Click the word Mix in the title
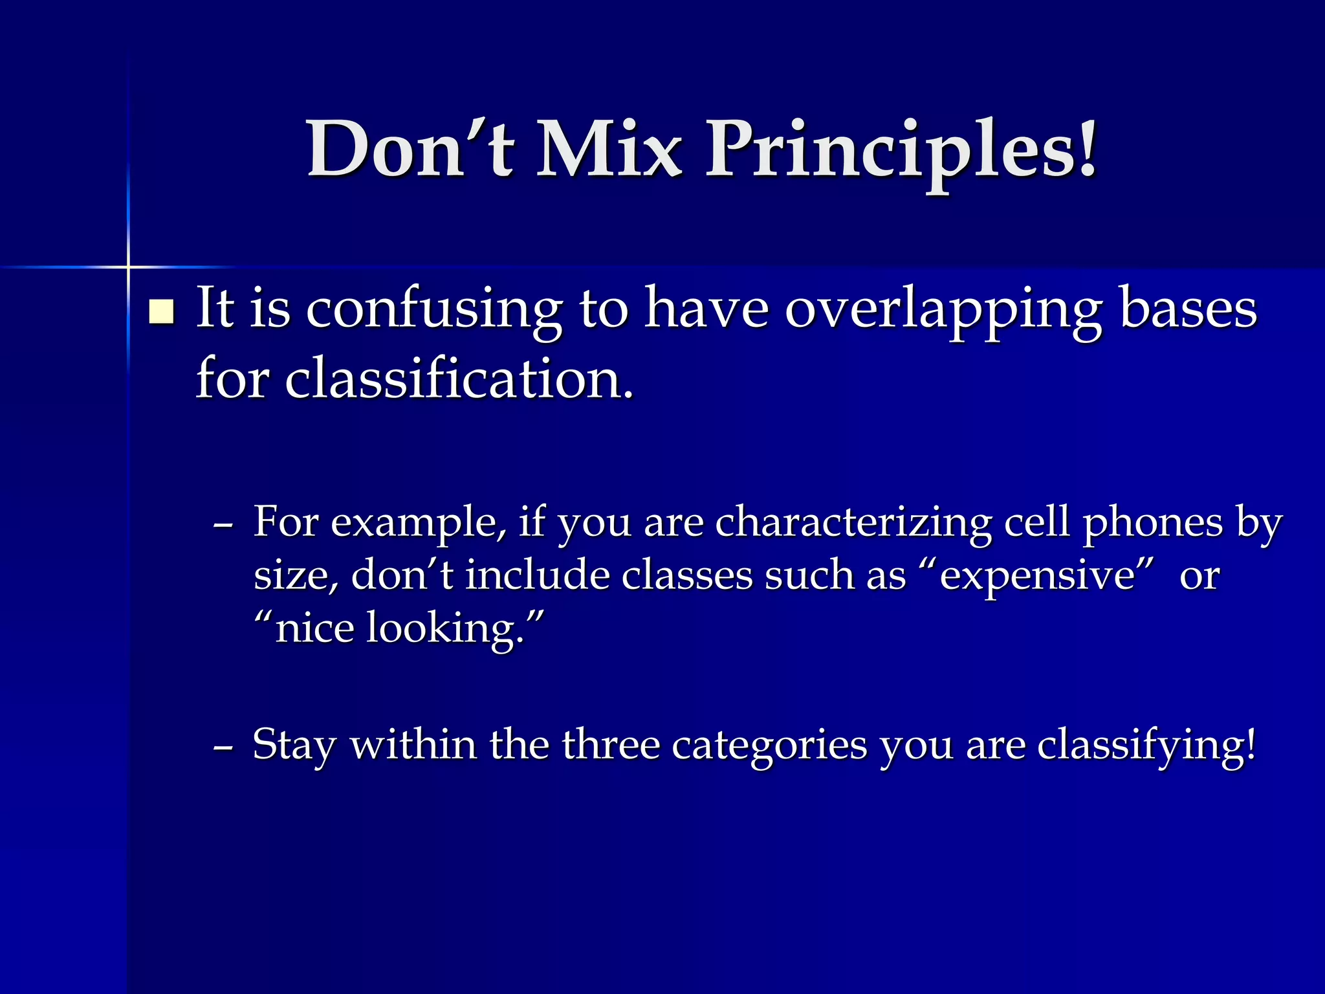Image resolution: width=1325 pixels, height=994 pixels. (x=609, y=150)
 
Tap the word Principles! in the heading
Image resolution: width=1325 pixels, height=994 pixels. (x=901, y=150)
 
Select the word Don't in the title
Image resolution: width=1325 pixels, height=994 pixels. (x=410, y=150)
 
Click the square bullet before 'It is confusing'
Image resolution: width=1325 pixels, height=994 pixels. (x=161, y=312)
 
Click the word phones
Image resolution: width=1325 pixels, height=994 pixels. (x=1153, y=523)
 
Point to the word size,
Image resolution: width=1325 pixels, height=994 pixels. (x=296, y=576)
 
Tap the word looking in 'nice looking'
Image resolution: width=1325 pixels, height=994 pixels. (x=445, y=629)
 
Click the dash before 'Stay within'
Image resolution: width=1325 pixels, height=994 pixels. (x=223, y=745)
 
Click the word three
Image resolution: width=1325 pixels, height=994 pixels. (x=610, y=744)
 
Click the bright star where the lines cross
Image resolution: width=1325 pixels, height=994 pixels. (x=128, y=267)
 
